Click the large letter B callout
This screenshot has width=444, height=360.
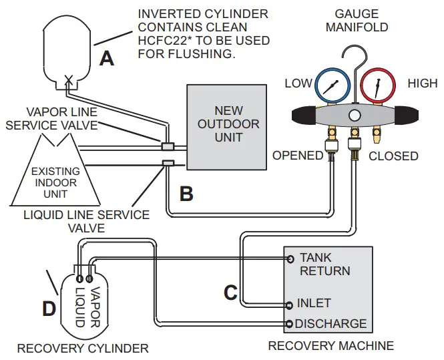coord(187,194)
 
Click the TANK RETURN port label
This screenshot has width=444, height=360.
coord(324,264)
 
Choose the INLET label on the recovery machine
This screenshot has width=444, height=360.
coord(314,303)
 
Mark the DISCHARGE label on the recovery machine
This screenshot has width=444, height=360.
coord(330,324)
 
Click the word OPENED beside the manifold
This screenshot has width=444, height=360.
coord(298,156)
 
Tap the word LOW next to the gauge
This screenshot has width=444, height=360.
coord(298,83)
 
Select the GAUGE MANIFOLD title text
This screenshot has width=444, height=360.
coord(357,21)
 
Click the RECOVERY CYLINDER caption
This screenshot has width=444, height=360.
coord(83,348)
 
